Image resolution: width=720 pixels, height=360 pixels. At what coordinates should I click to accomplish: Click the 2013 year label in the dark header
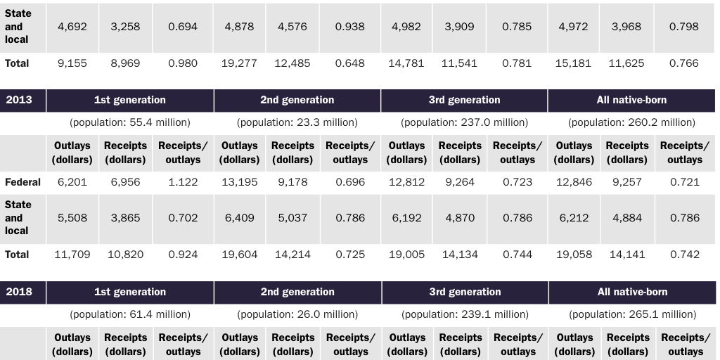[x=19, y=100]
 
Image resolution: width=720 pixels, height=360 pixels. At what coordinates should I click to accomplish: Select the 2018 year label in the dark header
[x=19, y=292]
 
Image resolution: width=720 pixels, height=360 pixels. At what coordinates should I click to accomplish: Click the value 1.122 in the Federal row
[x=183, y=182]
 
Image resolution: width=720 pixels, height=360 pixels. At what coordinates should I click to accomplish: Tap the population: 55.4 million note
[x=130, y=122]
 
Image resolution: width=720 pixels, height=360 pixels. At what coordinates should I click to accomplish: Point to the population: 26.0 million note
[x=297, y=314]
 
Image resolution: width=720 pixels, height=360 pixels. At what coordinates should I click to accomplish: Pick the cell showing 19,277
[x=239, y=63]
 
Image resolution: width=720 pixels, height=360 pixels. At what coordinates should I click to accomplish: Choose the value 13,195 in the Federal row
[x=239, y=182]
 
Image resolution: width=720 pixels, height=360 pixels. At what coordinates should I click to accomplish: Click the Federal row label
[x=22, y=182]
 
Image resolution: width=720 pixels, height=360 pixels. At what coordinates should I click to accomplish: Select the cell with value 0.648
[x=350, y=63]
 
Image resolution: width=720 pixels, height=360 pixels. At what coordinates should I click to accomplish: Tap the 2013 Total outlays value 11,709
[x=72, y=255]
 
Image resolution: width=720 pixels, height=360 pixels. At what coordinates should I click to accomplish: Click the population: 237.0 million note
[x=464, y=122]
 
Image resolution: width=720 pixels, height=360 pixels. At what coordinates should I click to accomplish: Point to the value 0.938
[x=350, y=27]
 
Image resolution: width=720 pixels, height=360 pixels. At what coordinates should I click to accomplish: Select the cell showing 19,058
[x=574, y=255]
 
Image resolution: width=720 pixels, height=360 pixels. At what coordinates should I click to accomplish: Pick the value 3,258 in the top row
[x=125, y=27]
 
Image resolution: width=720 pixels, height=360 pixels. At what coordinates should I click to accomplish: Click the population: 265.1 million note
[x=632, y=314]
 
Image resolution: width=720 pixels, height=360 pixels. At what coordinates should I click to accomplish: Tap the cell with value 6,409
[x=239, y=218]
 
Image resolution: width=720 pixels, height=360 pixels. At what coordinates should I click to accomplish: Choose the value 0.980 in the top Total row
[x=183, y=63]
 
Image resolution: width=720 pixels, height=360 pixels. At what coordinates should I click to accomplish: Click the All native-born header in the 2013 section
[x=631, y=100]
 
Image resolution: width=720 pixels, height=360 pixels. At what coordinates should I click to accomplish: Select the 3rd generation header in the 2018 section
[x=465, y=292]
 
